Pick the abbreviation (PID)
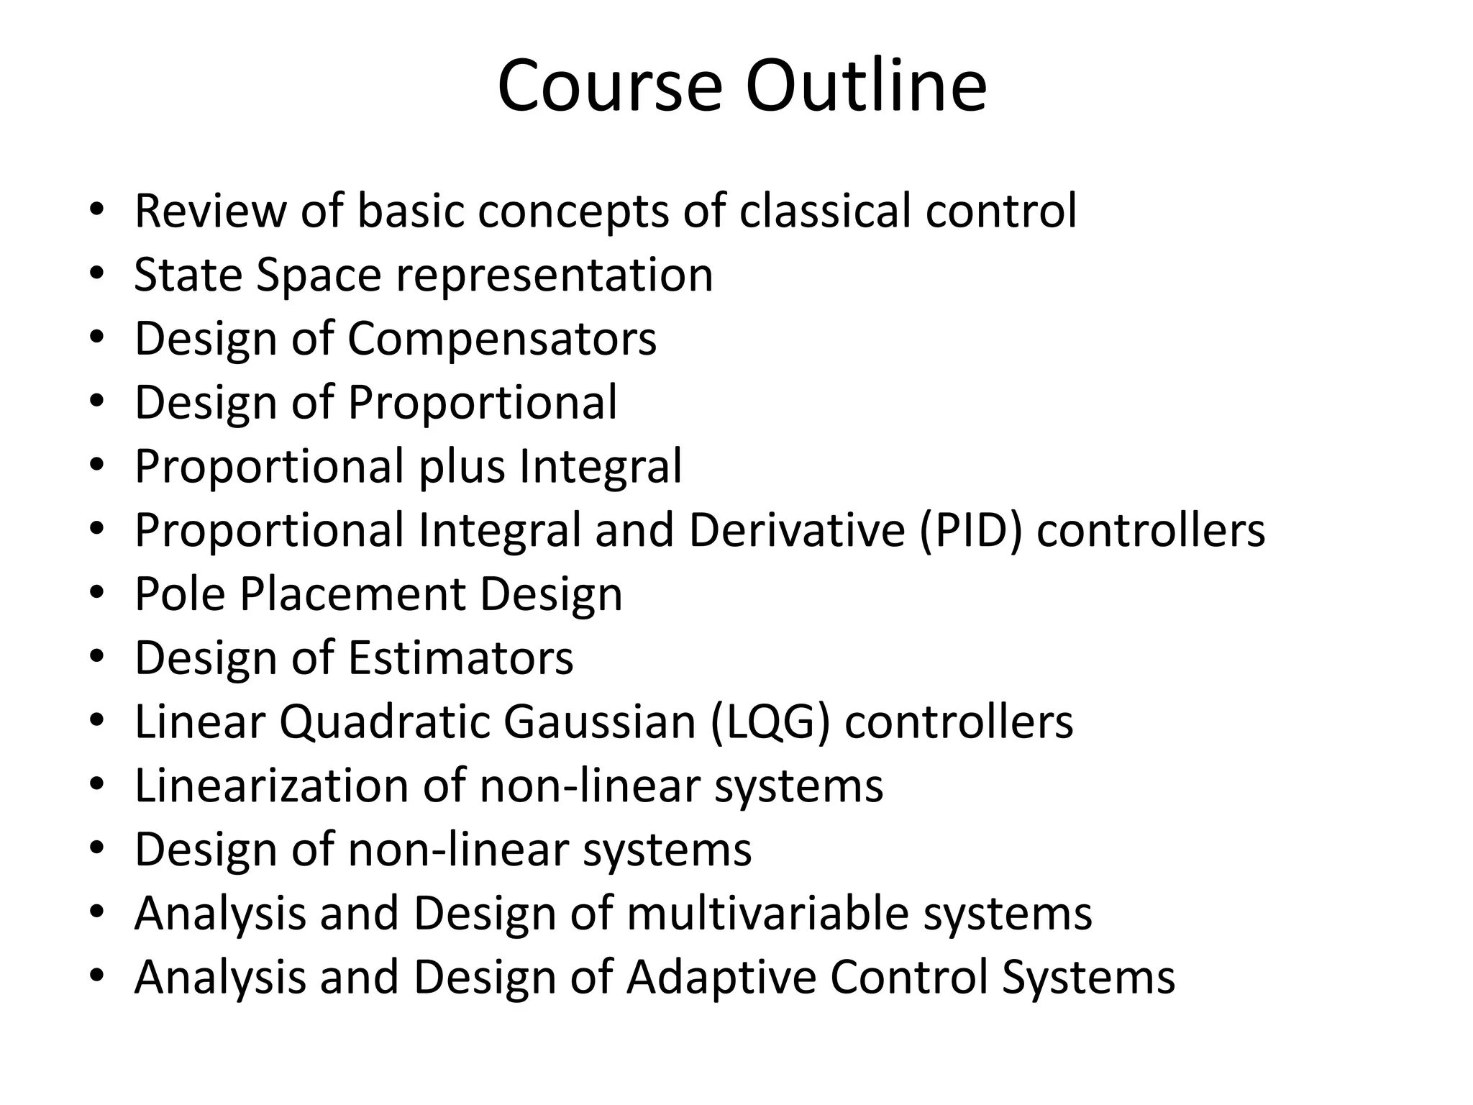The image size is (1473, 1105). coord(970,531)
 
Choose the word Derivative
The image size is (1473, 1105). coord(797,530)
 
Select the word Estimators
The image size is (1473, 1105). coord(460,658)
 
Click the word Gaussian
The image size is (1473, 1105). coord(599,722)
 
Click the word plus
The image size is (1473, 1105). coord(462,467)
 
